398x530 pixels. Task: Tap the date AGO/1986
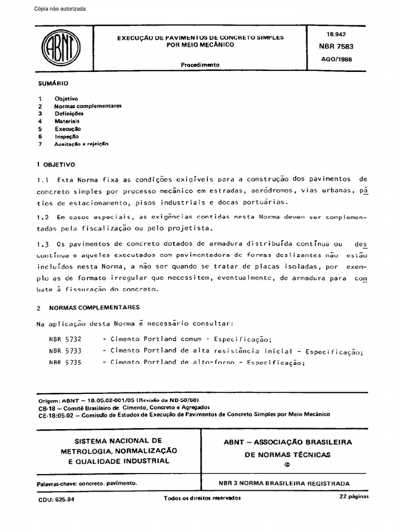[336, 59]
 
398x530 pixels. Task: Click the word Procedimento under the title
[200, 65]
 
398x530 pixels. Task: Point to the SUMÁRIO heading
[53, 83]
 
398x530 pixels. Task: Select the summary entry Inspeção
[67, 136]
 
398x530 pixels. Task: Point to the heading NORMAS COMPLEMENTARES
[94, 307]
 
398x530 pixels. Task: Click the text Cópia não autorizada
[60, 9]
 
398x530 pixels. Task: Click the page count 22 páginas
[353, 496]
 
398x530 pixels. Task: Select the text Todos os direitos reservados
[202, 497]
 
